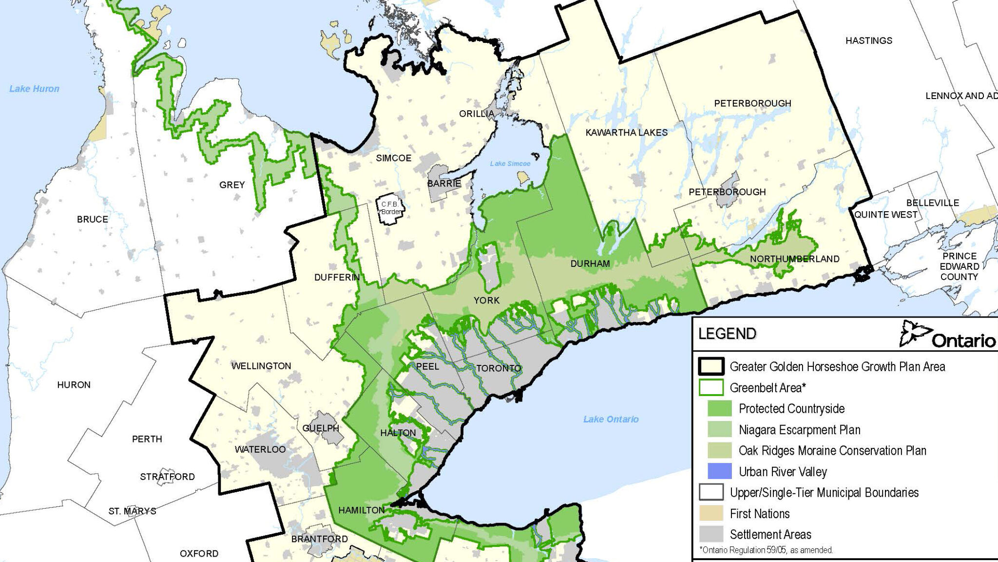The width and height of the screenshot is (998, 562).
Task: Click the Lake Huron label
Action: [x=34, y=89]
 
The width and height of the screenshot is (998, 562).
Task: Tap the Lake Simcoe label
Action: [x=510, y=163]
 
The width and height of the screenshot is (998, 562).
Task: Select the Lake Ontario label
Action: [x=611, y=419]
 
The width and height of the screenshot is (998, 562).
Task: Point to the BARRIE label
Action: [x=444, y=183]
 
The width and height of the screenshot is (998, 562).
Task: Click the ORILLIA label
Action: [x=477, y=114]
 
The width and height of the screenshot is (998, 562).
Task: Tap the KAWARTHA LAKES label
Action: [x=626, y=132]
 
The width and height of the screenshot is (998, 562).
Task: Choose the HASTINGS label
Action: [x=868, y=40]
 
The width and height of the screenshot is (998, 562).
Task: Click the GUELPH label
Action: [x=320, y=428]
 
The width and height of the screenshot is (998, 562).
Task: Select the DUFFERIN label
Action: [x=337, y=277]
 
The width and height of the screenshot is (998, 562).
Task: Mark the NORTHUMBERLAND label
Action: [x=794, y=259]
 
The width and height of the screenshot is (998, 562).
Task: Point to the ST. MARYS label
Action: [x=132, y=511]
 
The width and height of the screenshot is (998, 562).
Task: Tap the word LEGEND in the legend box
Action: [x=727, y=334]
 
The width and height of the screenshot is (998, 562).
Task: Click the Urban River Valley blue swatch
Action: [x=719, y=471]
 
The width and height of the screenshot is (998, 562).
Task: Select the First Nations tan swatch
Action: [x=711, y=513]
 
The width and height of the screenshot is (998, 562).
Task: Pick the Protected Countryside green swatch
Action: [x=719, y=408]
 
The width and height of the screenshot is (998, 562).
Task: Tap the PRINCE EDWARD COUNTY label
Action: [x=959, y=266]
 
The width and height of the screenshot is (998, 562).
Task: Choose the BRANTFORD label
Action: [x=319, y=539]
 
